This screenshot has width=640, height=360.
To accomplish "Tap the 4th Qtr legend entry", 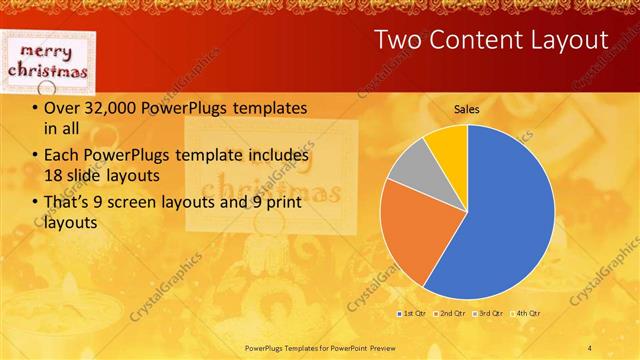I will click(528, 314).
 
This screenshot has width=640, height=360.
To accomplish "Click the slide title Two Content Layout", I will click(490, 40).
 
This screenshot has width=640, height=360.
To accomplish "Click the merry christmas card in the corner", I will click(48, 60).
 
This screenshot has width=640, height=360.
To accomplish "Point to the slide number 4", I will click(590, 347).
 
